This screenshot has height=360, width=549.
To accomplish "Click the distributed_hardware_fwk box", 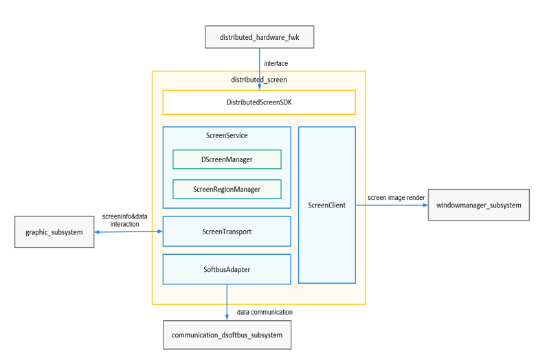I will (259, 36).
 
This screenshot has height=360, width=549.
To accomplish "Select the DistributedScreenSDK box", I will (258, 102).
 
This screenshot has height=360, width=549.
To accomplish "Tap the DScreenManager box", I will (227, 159).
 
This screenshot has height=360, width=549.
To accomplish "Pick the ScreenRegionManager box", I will (227, 189).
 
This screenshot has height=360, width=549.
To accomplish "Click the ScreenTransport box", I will (227, 232).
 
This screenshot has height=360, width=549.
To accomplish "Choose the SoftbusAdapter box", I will (227, 269).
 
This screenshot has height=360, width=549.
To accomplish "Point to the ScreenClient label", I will (326, 205).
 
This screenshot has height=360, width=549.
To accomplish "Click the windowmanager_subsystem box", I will (478, 205).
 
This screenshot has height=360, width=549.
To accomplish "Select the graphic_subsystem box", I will (54, 232).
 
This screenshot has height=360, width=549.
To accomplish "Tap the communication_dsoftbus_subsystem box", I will (227, 335).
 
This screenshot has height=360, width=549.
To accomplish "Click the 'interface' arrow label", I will (276, 63).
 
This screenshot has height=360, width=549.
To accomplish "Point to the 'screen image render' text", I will (396, 197).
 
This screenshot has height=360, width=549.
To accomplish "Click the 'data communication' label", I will (265, 312).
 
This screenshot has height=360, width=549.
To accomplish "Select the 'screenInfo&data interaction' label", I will (124, 220).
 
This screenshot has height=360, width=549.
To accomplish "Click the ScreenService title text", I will (227, 135).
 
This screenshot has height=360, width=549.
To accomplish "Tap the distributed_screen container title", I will (258, 80).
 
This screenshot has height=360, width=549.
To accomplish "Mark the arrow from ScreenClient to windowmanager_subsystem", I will (392, 205).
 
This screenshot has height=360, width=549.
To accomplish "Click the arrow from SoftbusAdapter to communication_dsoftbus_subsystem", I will (227, 302).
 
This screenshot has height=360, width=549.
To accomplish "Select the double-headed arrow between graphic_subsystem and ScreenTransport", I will (128, 232).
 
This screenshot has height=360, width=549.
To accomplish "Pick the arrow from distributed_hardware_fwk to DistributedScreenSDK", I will (260, 69).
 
